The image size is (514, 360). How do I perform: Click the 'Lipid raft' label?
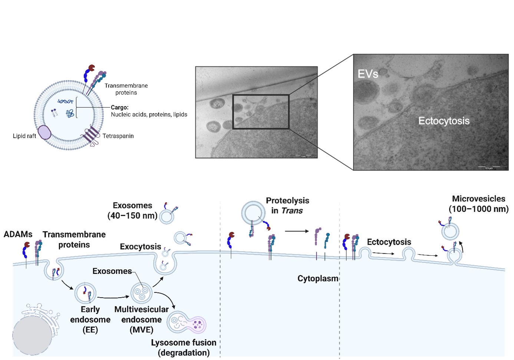coord(24,136)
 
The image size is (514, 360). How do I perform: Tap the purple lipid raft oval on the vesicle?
coord(45,132)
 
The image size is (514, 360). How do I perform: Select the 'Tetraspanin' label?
coord(118,136)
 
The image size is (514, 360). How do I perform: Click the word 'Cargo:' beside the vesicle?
coord(119,107)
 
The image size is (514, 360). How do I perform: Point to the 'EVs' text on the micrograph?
coord(368,74)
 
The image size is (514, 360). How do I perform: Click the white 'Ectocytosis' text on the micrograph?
coord(444,121)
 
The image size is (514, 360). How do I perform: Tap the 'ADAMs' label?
coord(18,234)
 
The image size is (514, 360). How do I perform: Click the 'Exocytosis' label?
coord(140,246)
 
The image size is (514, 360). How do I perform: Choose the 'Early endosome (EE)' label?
coord(90,320)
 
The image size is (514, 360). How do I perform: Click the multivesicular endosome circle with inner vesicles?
coord(142,293)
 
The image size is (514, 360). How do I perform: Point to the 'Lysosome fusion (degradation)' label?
coord(184,347)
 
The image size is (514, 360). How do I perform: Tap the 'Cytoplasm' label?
coord(318,278)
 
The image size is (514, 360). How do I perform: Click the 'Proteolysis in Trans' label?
coord(287,205)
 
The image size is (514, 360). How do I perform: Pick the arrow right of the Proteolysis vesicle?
coord(297,231)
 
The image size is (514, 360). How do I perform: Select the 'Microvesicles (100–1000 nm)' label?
coord(478,203)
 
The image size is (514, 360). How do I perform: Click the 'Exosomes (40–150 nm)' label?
coord(132,210)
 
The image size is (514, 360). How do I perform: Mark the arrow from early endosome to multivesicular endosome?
coord(113,297)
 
